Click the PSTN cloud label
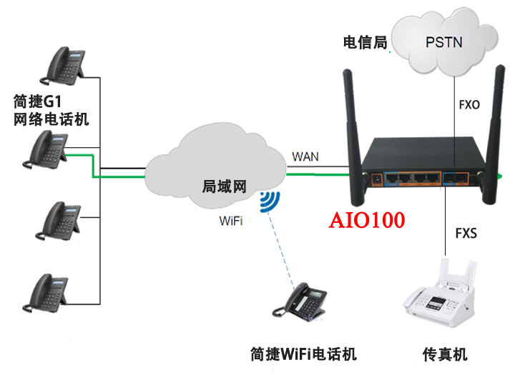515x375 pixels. click(x=443, y=42)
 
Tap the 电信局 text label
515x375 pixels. click(x=365, y=43)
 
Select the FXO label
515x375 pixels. click(x=469, y=104)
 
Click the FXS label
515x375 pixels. click(x=466, y=233)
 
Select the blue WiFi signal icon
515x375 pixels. click(x=270, y=201)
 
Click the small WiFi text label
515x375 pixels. click(x=230, y=221)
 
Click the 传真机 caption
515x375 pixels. click(x=444, y=354)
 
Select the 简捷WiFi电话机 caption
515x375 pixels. click(x=303, y=354)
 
